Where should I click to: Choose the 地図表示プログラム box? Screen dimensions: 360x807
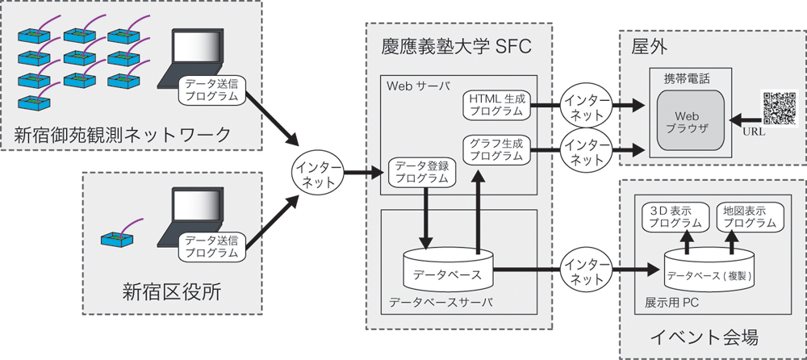[744, 216]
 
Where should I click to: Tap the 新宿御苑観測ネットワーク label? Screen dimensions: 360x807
[122, 134]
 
